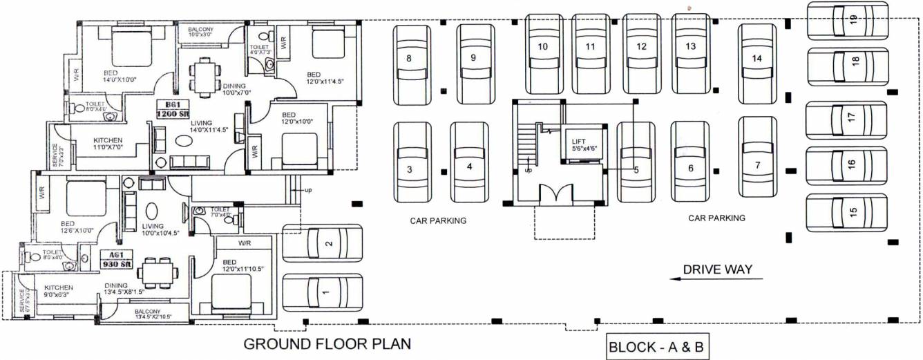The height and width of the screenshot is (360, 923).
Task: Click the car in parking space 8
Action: (x=410, y=59)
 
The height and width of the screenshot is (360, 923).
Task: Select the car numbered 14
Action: (x=757, y=59)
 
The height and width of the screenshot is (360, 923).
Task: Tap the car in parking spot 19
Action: (x=848, y=21)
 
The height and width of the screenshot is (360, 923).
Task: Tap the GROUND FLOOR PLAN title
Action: (x=327, y=343)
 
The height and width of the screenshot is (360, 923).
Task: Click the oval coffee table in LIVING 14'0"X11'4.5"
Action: (x=184, y=140)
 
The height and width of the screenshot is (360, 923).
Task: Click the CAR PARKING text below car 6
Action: (x=716, y=218)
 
